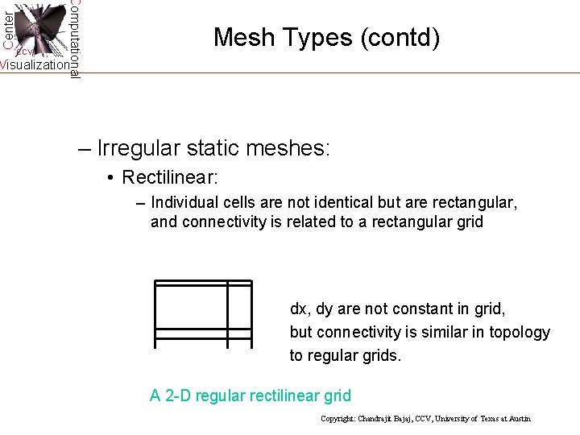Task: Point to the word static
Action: click(x=212, y=149)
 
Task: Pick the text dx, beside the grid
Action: click(x=300, y=309)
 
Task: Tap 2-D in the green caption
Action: click(x=178, y=396)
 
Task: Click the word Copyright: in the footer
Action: click(x=339, y=419)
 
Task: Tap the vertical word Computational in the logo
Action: click(x=74, y=39)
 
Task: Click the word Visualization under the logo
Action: click(x=34, y=65)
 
